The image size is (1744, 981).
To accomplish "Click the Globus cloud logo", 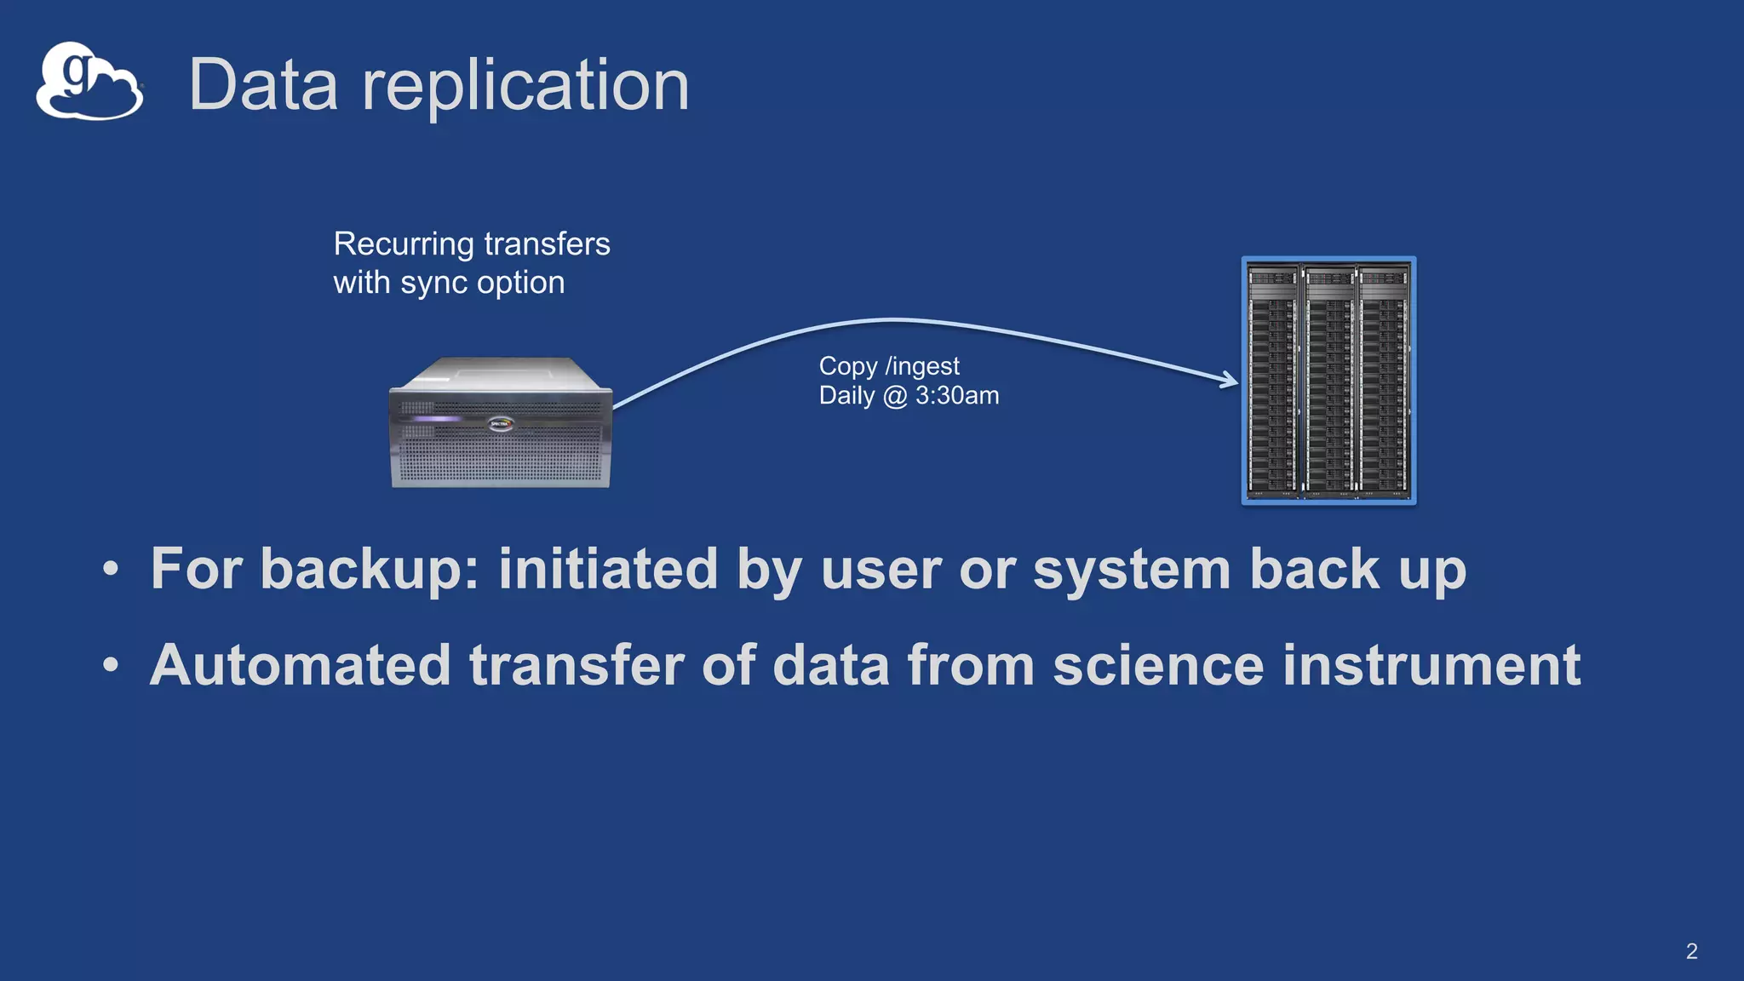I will click(x=89, y=82).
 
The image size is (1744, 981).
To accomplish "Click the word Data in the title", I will click(x=262, y=85).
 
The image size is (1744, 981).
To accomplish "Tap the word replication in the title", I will click(x=525, y=87).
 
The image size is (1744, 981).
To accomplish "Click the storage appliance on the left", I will click(x=501, y=424).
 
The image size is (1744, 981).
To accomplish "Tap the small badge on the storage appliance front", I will click(x=501, y=423).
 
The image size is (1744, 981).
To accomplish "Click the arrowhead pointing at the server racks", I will click(x=1230, y=379).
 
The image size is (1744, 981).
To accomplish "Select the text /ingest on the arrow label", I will click(x=922, y=367).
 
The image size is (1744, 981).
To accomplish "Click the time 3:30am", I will click(x=957, y=396).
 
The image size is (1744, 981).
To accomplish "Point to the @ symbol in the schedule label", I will click(x=895, y=396).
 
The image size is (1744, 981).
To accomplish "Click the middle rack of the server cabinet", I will click(x=1328, y=381).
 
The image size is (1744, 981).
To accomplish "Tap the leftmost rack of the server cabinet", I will click(x=1273, y=381).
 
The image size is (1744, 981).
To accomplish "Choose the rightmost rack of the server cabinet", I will click(x=1384, y=381).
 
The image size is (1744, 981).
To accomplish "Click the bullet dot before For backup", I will click(x=111, y=569).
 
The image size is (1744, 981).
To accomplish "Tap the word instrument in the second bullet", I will click(x=1431, y=665).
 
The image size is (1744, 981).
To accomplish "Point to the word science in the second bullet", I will click(x=1158, y=665).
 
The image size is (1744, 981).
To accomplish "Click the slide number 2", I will click(x=1691, y=951).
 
